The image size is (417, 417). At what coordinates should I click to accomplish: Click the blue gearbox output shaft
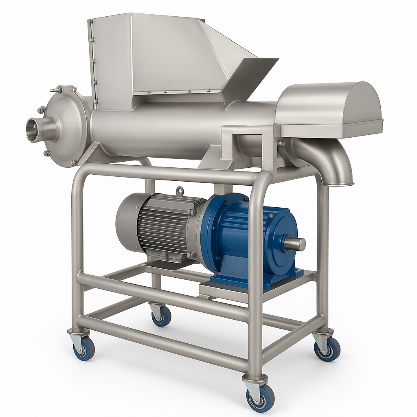(295, 244)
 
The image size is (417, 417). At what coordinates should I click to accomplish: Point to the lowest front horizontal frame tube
(163, 346)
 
